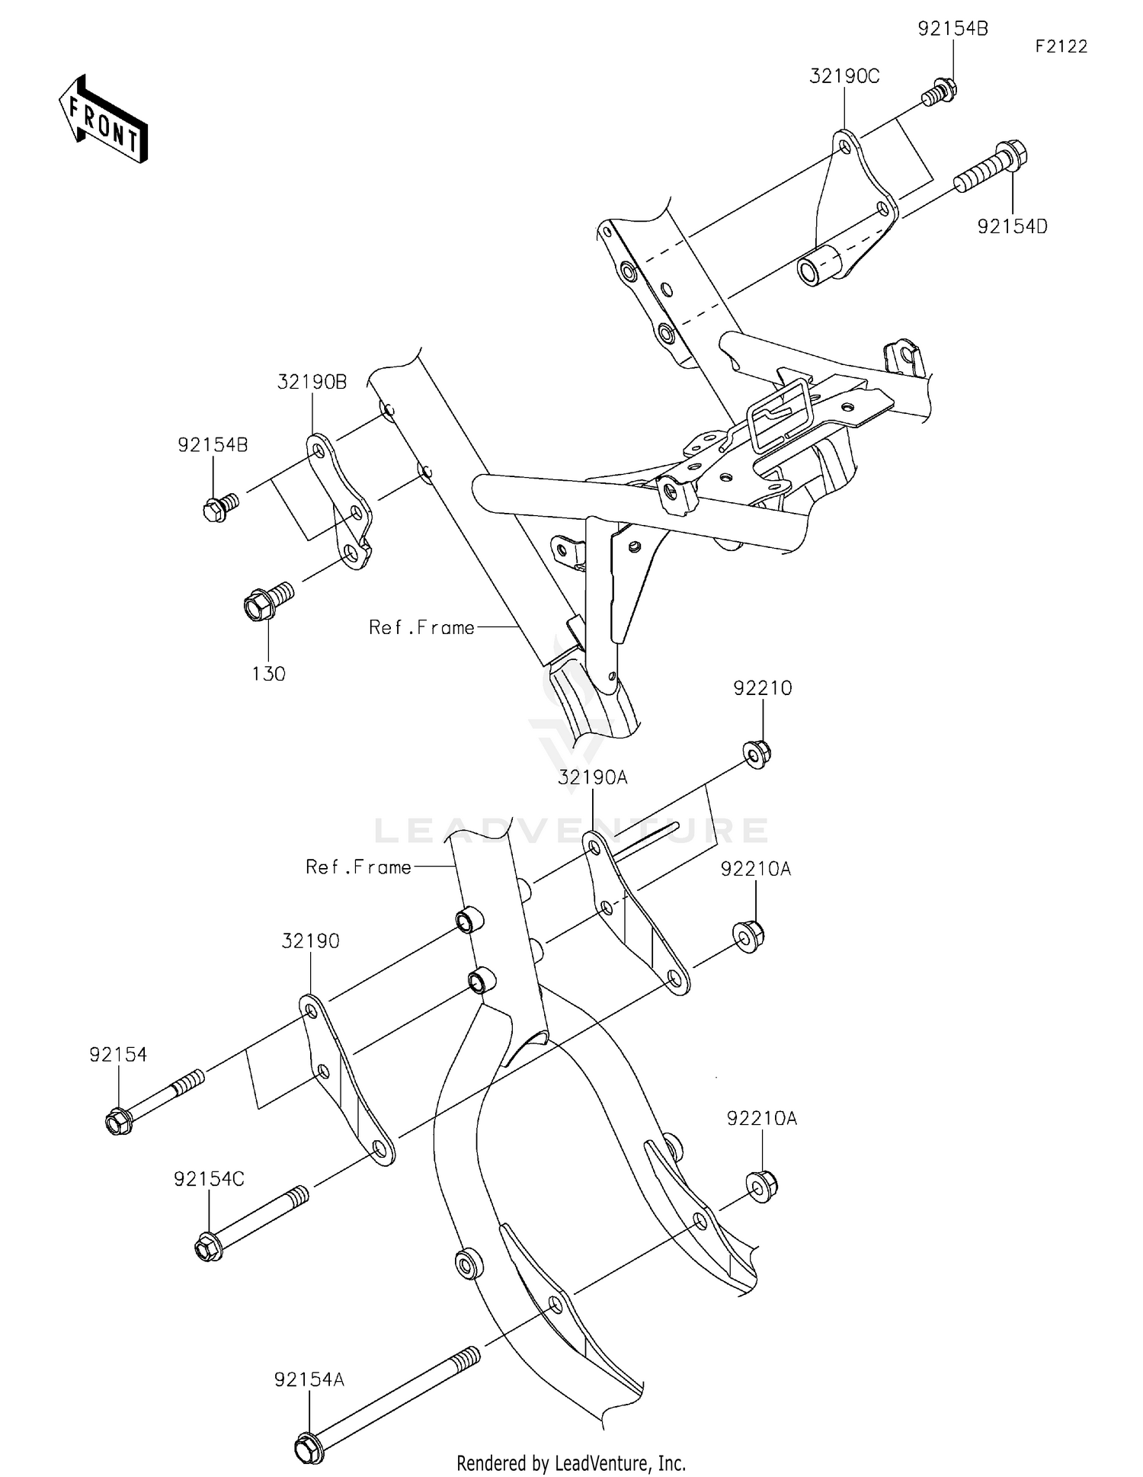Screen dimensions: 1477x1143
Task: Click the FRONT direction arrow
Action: coord(103,120)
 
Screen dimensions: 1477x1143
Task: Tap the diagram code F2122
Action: coord(1061,46)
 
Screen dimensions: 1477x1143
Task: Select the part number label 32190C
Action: coord(844,76)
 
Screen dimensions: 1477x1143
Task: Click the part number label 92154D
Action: coord(1013,226)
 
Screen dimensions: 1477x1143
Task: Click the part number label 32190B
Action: coord(312,382)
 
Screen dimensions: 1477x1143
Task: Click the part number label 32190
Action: coord(310,940)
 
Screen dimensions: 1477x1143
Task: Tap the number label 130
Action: coord(268,674)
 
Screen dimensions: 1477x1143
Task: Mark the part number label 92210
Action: coord(763,688)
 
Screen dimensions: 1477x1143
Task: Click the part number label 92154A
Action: coord(309,1379)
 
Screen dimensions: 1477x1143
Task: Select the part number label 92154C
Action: coord(209,1179)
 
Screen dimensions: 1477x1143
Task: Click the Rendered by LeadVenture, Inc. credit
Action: coord(571,1463)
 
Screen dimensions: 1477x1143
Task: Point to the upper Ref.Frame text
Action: coord(421,627)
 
